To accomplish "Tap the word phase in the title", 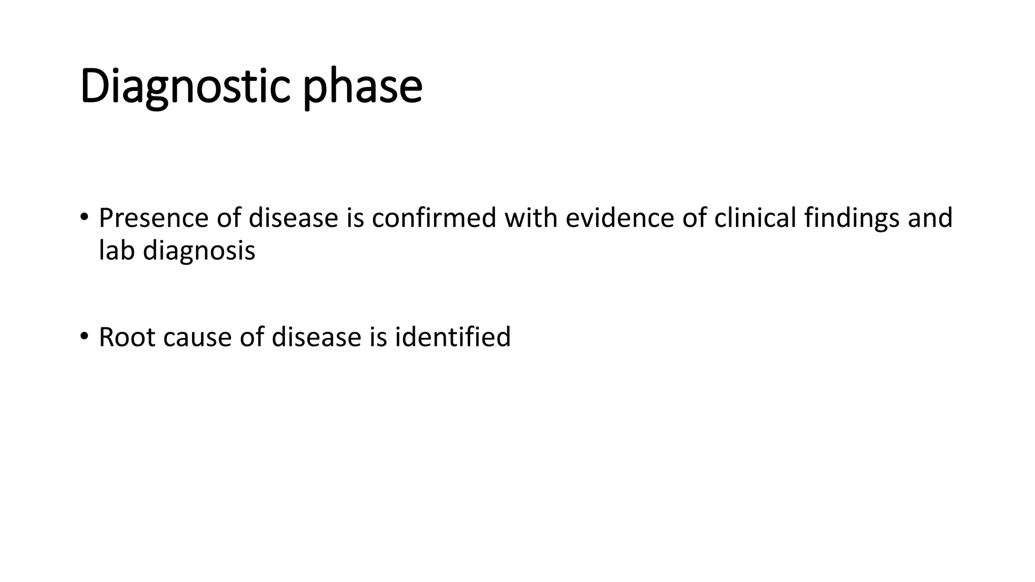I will pyautogui.click(x=362, y=87).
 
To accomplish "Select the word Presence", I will pyautogui.click(x=154, y=218).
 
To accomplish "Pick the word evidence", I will pyautogui.click(x=620, y=218).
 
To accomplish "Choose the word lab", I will pyautogui.click(x=117, y=251).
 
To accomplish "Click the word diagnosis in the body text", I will pyautogui.click(x=199, y=251).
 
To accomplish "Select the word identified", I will pyautogui.click(x=453, y=337).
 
